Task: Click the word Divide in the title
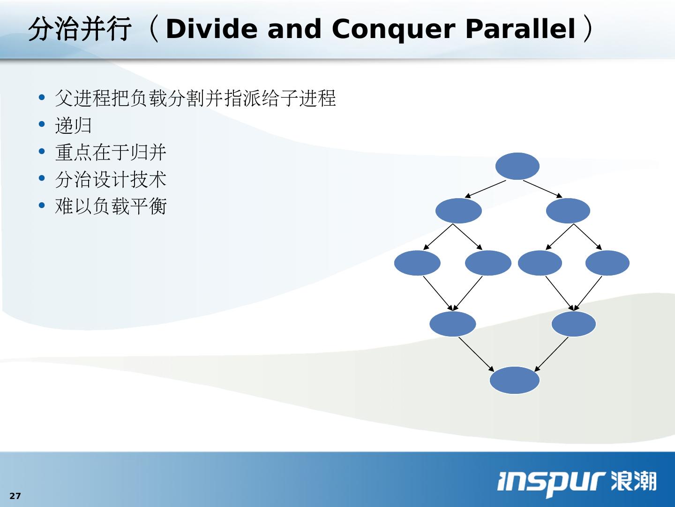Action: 211,29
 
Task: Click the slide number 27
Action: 15,496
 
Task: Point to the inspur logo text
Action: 550,484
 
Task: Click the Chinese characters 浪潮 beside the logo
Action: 633,481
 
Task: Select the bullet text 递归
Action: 73,125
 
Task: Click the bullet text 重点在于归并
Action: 111,153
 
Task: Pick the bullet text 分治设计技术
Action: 111,179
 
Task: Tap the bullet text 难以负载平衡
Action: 111,206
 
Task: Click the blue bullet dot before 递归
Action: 42,124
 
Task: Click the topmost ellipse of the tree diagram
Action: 517,166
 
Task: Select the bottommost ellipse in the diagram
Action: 515,380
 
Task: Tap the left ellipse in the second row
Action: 458,211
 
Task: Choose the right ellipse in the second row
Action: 568,211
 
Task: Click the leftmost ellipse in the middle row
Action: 417,263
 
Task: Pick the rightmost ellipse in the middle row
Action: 607,263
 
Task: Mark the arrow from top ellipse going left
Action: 485,189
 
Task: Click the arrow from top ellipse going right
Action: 543,189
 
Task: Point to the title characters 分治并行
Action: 80,29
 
